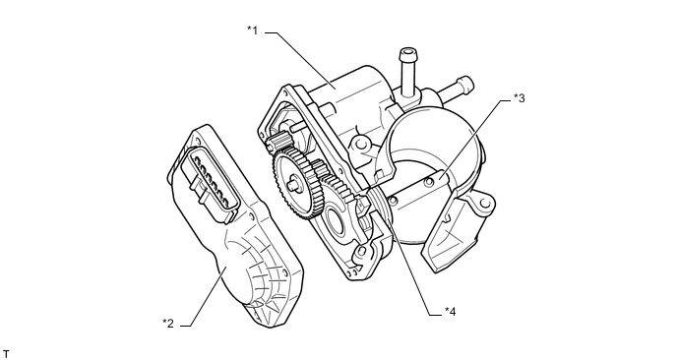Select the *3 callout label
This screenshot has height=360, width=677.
520,98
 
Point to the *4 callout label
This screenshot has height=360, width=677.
450,312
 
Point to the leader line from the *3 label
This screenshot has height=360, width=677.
477,139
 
